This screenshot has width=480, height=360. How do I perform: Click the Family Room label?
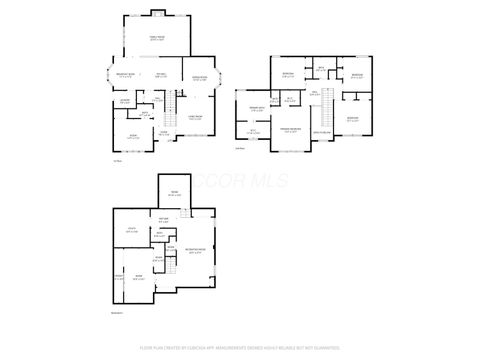point(157,37)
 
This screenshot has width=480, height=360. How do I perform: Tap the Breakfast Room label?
point(126,76)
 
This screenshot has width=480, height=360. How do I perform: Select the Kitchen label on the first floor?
point(161,75)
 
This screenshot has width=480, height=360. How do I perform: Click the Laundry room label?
point(125,101)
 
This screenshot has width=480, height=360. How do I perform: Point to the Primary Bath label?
point(256,107)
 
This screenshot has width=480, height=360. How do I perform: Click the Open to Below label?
point(323,132)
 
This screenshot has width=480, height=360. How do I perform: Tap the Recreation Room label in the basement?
point(195,251)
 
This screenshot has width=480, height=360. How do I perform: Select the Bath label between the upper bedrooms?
point(321,68)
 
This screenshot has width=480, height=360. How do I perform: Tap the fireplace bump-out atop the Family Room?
point(157,14)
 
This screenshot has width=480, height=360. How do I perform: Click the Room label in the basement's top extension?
point(174,194)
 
